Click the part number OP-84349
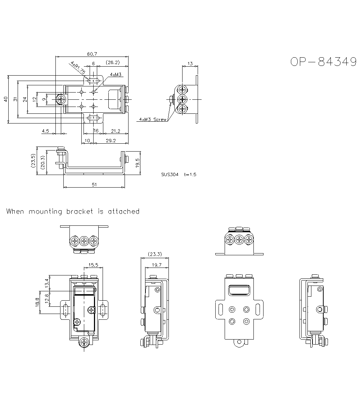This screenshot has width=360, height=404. [323, 62]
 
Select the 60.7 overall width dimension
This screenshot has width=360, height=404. [92, 54]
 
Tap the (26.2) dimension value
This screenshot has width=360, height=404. [113, 63]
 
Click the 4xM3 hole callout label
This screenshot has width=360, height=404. [116, 75]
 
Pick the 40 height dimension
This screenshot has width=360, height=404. [5, 99]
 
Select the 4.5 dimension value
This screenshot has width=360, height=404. [45, 131]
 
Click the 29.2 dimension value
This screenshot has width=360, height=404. [111, 140]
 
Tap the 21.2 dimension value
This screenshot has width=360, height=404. [115, 131]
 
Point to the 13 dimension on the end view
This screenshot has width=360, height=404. [190, 64]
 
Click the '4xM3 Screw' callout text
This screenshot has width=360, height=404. [153, 119]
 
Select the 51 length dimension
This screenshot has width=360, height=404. [94, 185]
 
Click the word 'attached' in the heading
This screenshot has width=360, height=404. [123, 211]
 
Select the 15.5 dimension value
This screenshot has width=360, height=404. [93, 265]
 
